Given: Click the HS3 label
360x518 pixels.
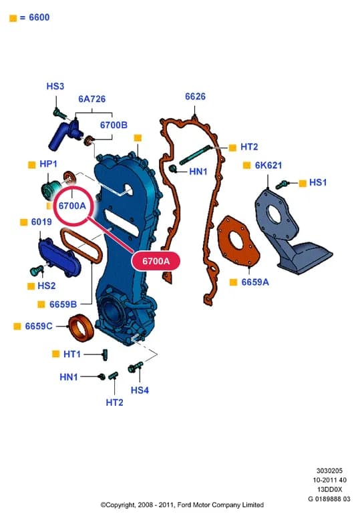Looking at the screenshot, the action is coord(55,86).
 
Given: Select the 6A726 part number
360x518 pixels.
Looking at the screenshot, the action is coord(92,99).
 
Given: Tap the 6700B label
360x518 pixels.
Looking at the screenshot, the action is coord(114,125).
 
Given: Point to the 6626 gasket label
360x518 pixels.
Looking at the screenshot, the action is coord(195,97).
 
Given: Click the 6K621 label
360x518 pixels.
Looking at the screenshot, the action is coord(268,165).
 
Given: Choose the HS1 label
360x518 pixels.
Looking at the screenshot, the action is coord(318,182).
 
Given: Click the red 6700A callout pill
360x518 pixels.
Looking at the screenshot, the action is coord(156,261).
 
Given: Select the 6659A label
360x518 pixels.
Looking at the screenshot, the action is coord(255,282).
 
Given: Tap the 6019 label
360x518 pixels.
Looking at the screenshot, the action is coord(41,222).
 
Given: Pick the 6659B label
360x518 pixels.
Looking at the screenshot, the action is coord(63,304).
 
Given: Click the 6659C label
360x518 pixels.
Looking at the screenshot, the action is coord(39,326).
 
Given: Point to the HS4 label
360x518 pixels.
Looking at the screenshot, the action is coord(140,390).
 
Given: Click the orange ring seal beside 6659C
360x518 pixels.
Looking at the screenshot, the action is coord(81,328).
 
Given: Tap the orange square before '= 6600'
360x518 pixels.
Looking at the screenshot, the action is coord(13,18).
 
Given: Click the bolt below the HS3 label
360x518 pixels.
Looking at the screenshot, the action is coord(58,113).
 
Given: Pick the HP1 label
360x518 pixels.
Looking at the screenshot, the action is coord(48,164).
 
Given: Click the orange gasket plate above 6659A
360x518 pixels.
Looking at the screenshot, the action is coord(238,240).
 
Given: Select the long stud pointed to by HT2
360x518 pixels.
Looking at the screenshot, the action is coord(195,155).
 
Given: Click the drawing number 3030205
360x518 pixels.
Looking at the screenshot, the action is coord(329,471).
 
